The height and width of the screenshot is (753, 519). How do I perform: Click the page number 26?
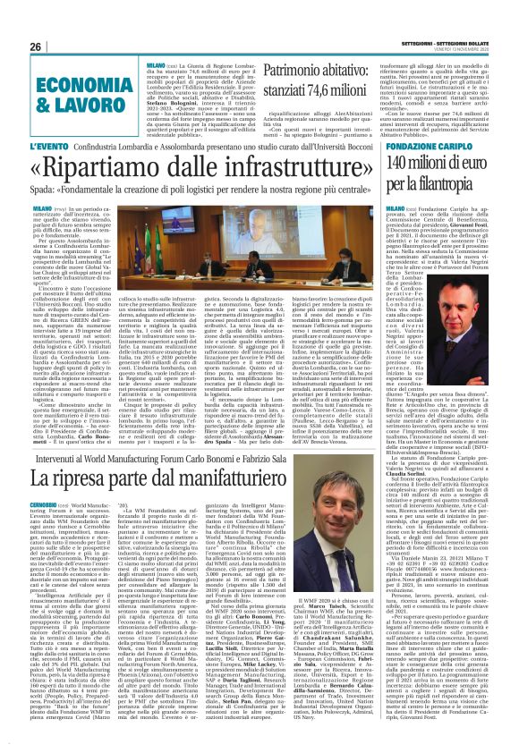[36, 47]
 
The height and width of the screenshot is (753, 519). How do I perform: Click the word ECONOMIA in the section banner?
[74, 83]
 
